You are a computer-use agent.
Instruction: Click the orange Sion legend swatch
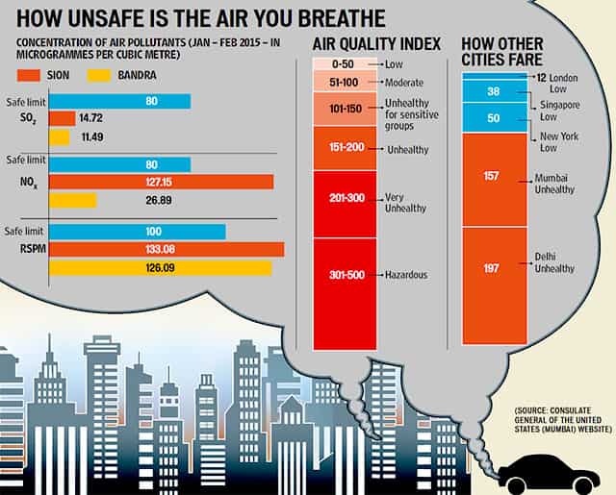pos(28,75)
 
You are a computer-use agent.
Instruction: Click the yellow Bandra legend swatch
pos(99,75)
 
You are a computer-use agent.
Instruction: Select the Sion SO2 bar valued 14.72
pos(62,118)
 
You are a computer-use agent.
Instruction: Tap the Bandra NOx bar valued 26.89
pos(73,201)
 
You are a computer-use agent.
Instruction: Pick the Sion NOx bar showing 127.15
pos(162,182)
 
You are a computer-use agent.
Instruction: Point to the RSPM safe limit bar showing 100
pos(138,232)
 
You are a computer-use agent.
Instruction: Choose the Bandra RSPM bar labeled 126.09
pos(161,268)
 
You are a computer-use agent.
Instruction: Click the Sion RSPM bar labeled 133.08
pos(167,250)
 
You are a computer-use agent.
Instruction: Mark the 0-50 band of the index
pos(345,64)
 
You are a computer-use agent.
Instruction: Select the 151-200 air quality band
pos(345,148)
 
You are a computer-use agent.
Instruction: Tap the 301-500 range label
pos(346,275)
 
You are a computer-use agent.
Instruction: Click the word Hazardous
pos(406,275)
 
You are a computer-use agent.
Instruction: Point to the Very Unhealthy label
pos(405,203)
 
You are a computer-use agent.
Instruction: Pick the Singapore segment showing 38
pos(494,91)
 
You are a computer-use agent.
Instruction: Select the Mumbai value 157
pos(491,176)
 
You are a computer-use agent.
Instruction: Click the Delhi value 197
pos(491,269)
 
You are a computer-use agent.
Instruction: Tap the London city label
pos(563,78)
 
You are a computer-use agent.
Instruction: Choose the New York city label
pos(559,136)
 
